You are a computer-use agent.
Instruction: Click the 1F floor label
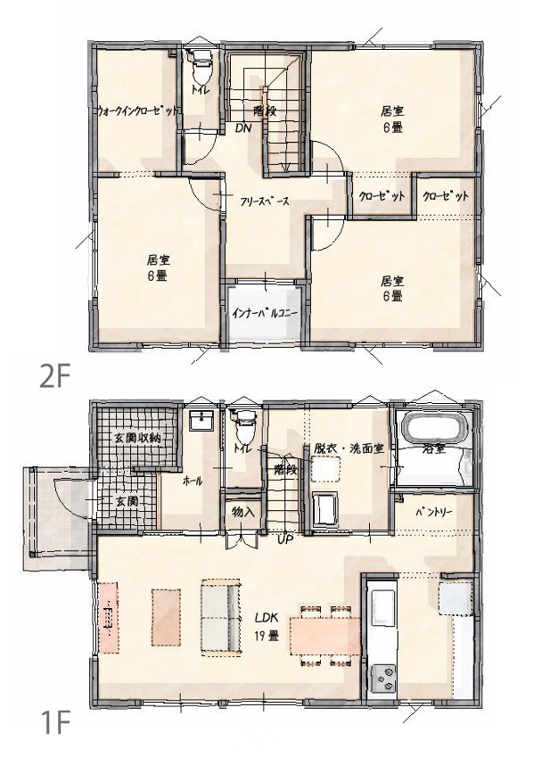tap(54, 722)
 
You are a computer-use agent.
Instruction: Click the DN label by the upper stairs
tap(243, 128)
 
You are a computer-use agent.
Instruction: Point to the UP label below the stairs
tap(285, 539)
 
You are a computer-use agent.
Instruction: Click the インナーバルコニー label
tap(265, 313)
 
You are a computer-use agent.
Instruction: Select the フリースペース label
tap(265, 202)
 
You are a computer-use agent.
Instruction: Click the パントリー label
tap(434, 512)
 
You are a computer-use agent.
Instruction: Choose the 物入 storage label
tap(242, 512)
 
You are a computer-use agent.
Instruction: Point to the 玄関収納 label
tap(136, 439)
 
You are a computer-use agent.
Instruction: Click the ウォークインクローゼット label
tap(137, 111)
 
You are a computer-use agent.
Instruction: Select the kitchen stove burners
tap(383, 679)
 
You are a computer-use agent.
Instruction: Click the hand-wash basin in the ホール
tap(201, 421)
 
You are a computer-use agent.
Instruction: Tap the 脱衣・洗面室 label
tap(349, 448)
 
